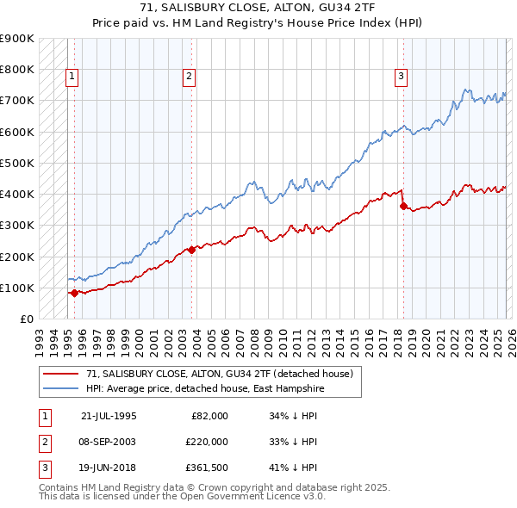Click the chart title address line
pyautogui.click(x=258, y=8)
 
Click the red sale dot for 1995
pyautogui.click(x=74, y=293)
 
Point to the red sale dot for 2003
pyautogui.click(x=191, y=250)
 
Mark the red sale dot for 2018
pyautogui.click(x=402, y=206)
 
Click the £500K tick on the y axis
pyautogui.click(x=17, y=163)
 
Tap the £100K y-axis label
pyautogui.click(x=17, y=288)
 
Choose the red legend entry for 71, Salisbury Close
pyautogui.click(x=219, y=375)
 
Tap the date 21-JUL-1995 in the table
pyautogui.click(x=109, y=416)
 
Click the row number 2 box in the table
pyautogui.click(x=44, y=442)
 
